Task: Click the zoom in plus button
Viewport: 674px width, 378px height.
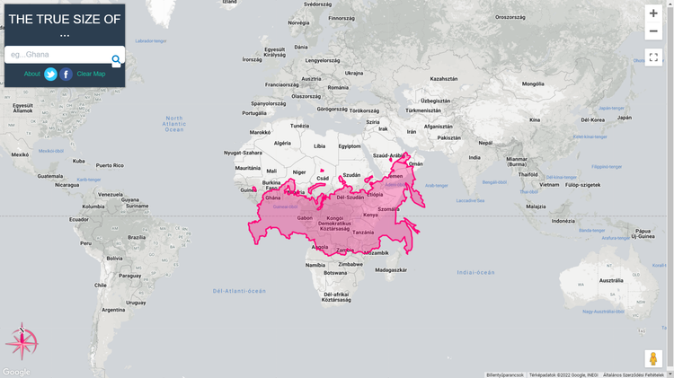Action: coord(653,13)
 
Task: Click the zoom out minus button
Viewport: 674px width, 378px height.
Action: coord(653,31)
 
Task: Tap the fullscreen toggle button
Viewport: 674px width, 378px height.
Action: coord(653,57)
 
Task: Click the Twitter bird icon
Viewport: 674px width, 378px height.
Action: coord(51,75)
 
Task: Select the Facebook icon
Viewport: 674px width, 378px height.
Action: coord(67,75)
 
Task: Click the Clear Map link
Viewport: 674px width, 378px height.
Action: coord(91,74)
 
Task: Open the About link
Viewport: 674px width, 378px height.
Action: coord(31,74)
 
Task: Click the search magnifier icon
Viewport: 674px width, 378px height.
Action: coord(116,60)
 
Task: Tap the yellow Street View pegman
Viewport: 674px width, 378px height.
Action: coord(654,359)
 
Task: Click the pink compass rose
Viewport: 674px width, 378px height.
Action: coord(22,341)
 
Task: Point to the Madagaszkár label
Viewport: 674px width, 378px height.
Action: coord(392,269)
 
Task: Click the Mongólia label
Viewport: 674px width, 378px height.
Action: coord(533,84)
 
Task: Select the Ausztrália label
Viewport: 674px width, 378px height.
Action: coord(611,280)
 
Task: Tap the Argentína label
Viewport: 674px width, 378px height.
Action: coord(114,310)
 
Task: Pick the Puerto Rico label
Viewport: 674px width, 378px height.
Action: coord(110,165)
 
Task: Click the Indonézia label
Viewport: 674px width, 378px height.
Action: coord(563,221)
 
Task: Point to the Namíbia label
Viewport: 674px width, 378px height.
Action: coord(315,265)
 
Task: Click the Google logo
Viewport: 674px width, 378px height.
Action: coord(16,372)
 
